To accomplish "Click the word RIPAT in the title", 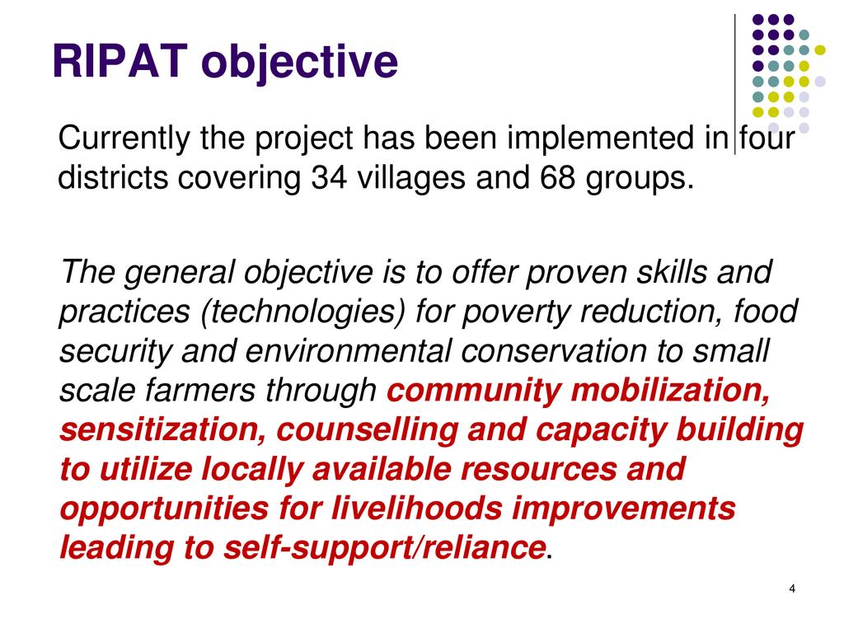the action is [x=120, y=61].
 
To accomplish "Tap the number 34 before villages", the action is [x=329, y=176].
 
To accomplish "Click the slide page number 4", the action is [x=792, y=588].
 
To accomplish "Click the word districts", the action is [x=112, y=176].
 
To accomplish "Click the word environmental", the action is [x=348, y=351].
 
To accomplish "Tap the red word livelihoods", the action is [x=416, y=508].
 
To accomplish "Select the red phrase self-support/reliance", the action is [x=384, y=548].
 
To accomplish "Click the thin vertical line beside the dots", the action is [x=734, y=85].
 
